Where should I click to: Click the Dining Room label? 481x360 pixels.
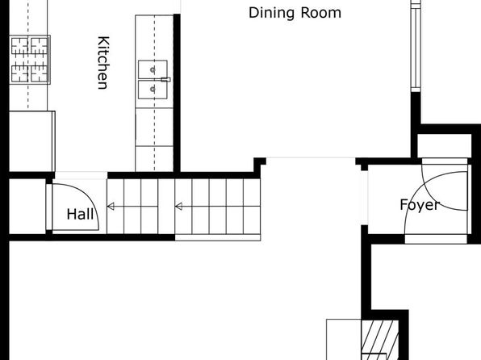[x=295, y=13]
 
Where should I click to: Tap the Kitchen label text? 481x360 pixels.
[x=103, y=63]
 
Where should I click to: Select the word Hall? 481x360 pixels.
[x=80, y=214]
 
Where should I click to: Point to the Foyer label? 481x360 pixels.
[x=420, y=205]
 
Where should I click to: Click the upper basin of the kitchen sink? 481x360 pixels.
[x=153, y=69]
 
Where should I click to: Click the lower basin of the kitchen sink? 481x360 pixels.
[x=153, y=90]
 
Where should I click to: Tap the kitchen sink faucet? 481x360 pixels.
[x=165, y=79]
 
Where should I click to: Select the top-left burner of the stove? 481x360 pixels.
[x=20, y=46]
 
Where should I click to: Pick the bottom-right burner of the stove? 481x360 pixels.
[x=40, y=73]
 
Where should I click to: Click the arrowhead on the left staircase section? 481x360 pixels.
[x=111, y=207]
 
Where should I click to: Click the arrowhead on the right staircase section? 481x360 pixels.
[x=179, y=207]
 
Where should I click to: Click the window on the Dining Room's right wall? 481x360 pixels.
[x=416, y=46]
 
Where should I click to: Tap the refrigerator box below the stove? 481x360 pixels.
[x=32, y=141]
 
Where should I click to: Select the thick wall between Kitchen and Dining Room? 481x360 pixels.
[x=177, y=94]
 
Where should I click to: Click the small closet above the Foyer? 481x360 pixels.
[x=444, y=146]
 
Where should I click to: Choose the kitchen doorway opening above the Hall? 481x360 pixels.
[x=81, y=175]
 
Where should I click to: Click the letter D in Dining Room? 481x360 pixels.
[x=253, y=13]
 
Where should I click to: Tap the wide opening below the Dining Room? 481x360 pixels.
[x=311, y=158]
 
